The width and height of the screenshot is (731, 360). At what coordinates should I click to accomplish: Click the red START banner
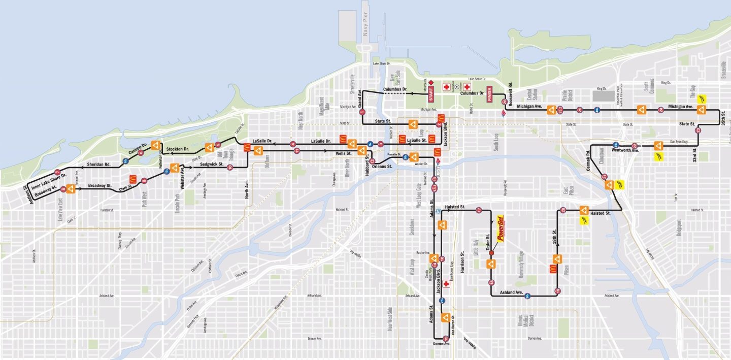(431, 94)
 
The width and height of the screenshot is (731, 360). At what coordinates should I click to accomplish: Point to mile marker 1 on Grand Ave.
(362, 112)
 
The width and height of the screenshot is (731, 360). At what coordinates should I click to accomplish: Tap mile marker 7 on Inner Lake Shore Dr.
(57, 172)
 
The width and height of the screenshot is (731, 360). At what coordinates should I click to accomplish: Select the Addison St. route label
(27, 195)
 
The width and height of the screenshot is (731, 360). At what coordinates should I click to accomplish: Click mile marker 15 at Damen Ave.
(445, 338)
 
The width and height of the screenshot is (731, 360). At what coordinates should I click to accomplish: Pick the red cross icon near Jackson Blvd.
(446, 284)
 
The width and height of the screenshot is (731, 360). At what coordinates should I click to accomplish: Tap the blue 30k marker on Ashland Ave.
(527, 296)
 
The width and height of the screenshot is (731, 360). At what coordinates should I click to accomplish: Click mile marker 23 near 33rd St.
(698, 130)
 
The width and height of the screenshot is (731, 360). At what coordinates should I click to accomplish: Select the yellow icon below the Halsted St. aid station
(584, 221)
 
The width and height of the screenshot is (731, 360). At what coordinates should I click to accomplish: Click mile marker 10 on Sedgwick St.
(229, 167)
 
